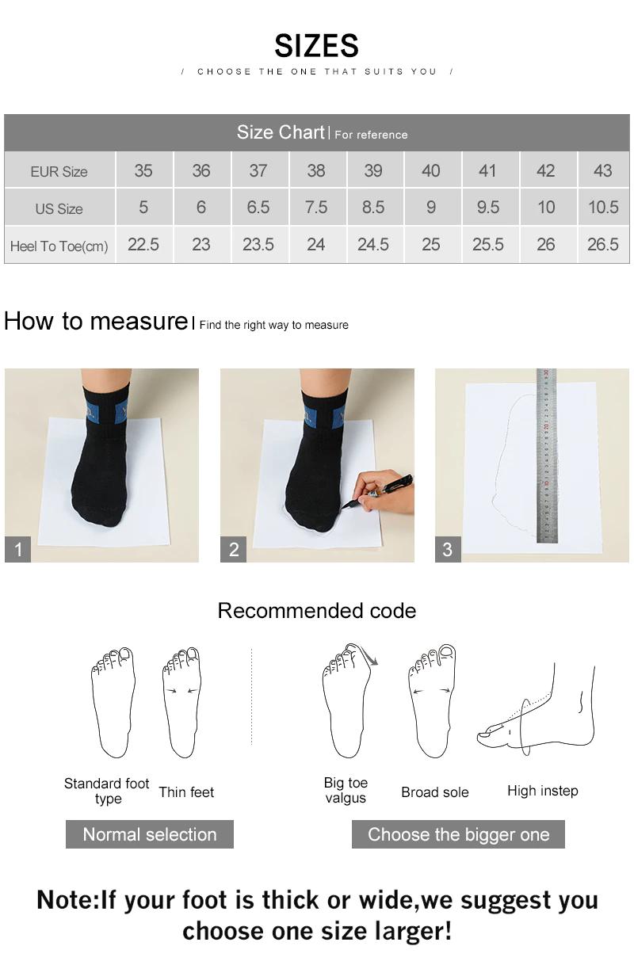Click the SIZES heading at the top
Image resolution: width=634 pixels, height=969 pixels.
pos(316,46)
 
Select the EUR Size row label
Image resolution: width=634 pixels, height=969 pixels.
pos(59,171)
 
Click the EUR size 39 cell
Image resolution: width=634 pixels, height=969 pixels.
pos(372,170)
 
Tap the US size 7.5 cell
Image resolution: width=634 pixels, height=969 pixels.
pos(315,208)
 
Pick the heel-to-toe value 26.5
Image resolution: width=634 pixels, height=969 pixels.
pos(602,245)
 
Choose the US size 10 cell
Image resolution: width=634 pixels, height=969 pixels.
pos(545,208)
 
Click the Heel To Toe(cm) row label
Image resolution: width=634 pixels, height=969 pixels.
pos(59,246)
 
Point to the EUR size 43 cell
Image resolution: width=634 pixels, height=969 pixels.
pos(602,170)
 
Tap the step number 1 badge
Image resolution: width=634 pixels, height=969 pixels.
pos(17,549)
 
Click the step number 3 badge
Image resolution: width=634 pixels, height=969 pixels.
pos(448,549)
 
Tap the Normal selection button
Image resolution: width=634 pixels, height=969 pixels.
pos(149,834)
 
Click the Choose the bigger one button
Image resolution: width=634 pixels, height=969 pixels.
pos(458,834)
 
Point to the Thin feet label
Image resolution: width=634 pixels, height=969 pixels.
pos(186,792)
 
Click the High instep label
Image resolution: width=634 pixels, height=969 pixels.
pos(542,791)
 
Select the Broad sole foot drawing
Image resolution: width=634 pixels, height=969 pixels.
pos(432,701)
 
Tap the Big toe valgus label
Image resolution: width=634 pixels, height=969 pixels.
pos(346,791)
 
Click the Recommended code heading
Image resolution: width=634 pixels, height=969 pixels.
pos(316,611)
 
